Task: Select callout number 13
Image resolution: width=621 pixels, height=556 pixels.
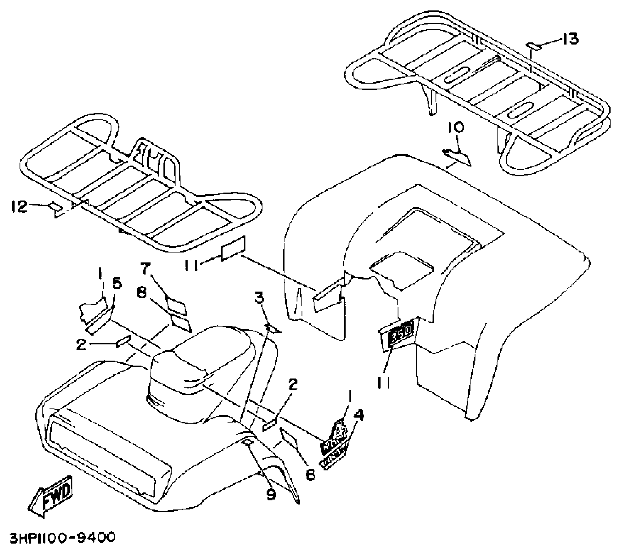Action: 570,39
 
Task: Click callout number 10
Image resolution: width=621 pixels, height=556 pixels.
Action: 456,128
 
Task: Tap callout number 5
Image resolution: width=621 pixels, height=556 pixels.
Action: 117,284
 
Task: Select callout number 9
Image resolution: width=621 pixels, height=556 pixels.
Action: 271,494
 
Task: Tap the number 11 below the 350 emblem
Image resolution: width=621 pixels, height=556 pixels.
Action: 383,382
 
